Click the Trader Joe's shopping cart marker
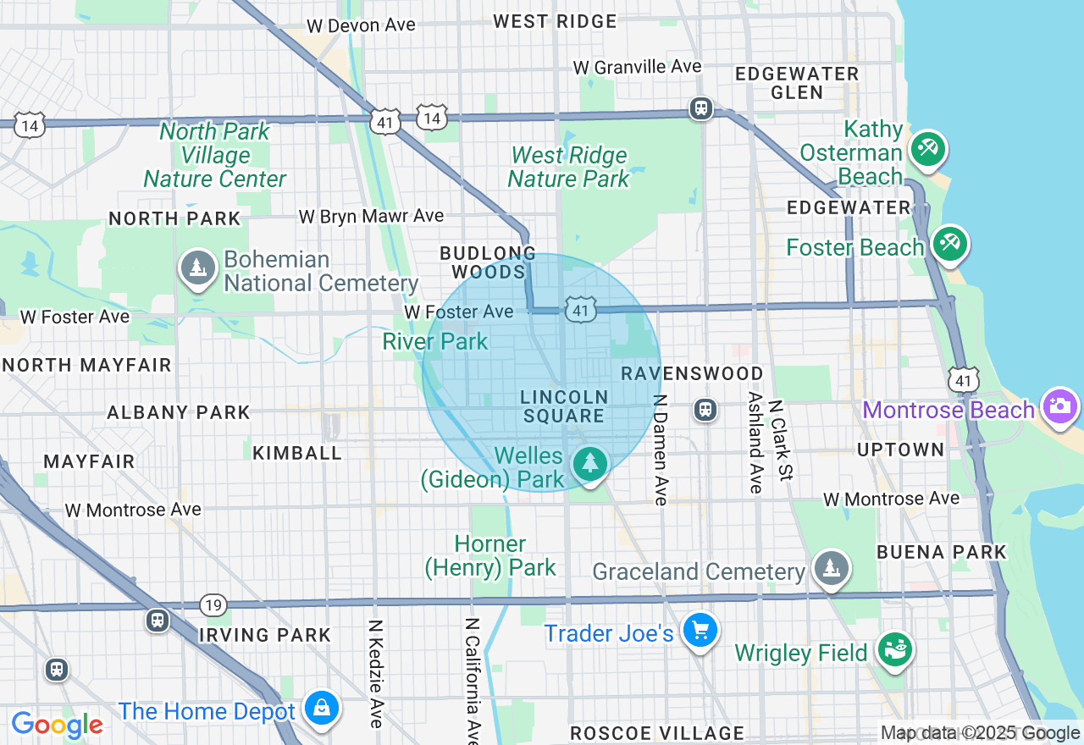point(700,631)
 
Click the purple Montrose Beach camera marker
point(1059,406)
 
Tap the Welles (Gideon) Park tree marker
point(589,463)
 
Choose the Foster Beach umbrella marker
point(949,244)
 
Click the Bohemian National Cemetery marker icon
point(197,268)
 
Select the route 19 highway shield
point(213,604)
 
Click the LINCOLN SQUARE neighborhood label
point(564,406)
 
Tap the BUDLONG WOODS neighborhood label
point(488,262)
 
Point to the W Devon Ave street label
point(361,25)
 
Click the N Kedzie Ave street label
point(375,674)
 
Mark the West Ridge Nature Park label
point(569,167)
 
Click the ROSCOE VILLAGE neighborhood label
point(657,733)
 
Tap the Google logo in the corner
point(58,725)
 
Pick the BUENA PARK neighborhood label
point(941,552)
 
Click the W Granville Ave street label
point(637,66)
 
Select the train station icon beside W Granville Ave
point(700,108)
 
